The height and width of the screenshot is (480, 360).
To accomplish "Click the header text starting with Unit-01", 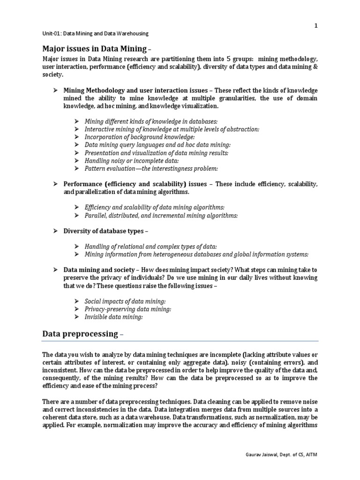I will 96,34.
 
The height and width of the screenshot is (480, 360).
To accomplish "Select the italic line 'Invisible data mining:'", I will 113,317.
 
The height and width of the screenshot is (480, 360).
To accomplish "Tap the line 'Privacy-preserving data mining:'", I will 127,309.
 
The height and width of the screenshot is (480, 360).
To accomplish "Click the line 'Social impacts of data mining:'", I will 125,301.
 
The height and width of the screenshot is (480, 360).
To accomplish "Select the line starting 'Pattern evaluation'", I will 151,168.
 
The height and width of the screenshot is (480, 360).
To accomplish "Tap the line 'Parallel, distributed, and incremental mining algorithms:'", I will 161,215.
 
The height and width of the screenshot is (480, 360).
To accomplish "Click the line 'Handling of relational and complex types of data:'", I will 150,247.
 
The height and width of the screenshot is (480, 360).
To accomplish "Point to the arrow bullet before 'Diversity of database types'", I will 55,231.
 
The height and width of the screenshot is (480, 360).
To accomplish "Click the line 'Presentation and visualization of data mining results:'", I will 157,153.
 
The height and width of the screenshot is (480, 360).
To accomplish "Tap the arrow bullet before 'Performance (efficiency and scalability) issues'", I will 55,184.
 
